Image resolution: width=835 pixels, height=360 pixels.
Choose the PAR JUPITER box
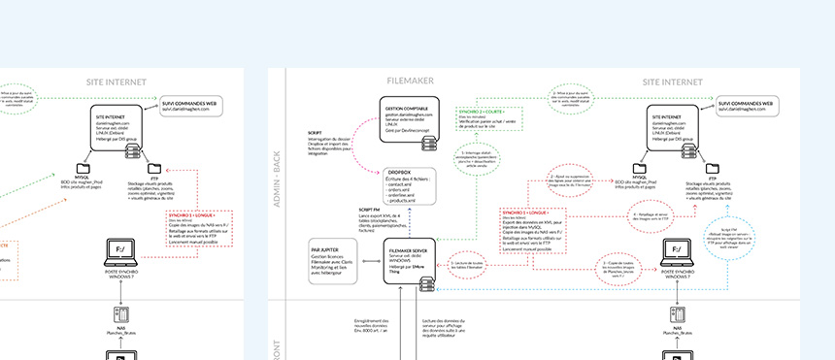(332, 261)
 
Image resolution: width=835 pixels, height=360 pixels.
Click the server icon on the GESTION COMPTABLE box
(428, 143)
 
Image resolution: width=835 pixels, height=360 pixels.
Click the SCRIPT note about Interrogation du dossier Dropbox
(337, 146)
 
